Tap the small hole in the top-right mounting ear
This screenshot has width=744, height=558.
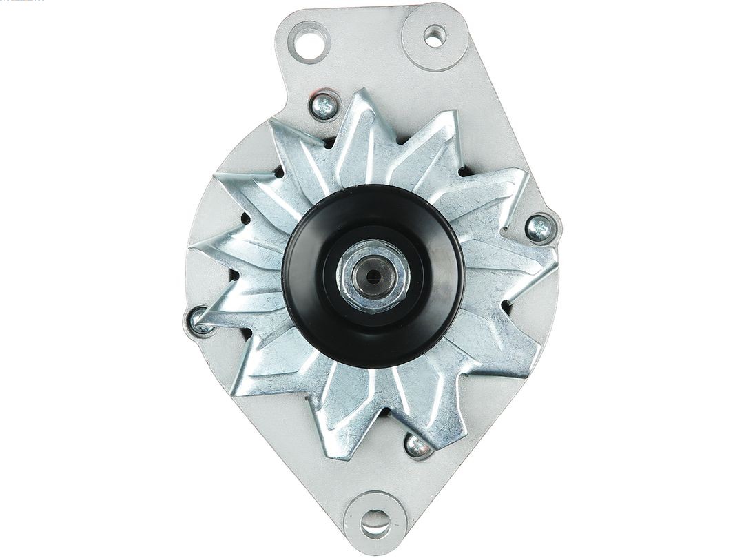pyautogui.click(x=435, y=35)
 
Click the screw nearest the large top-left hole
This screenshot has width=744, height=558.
pyautogui.click(x=323, y=105)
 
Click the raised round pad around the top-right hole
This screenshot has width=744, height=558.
pyautogui.click(x=435, y=36)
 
